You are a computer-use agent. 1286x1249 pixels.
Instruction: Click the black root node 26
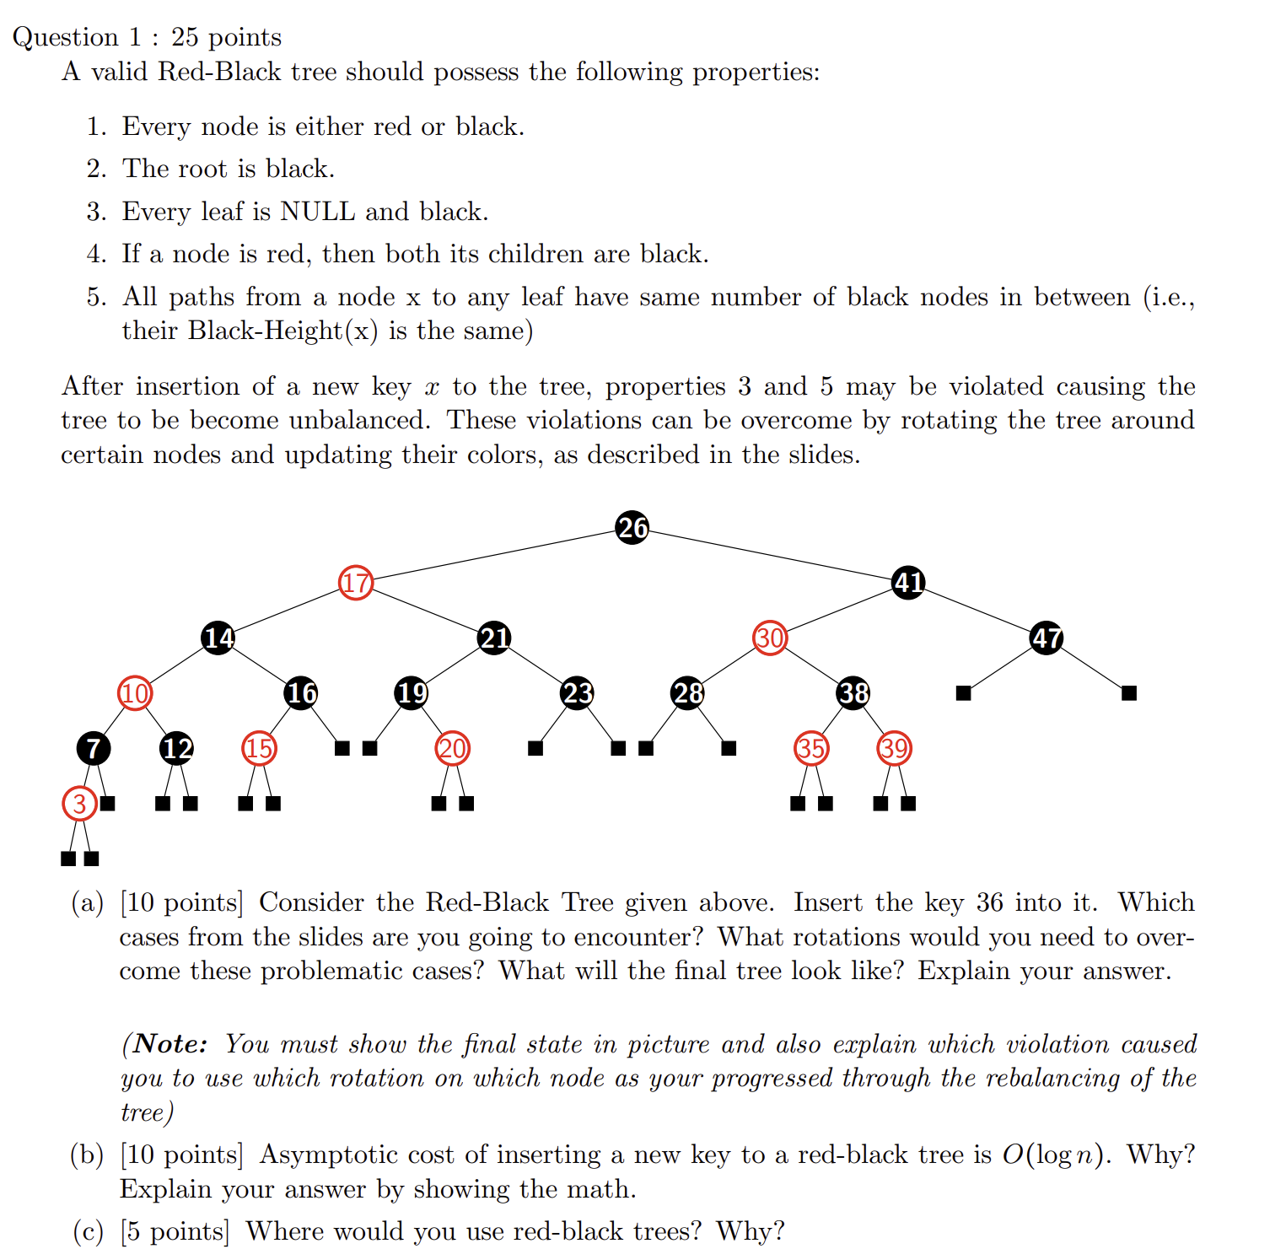click(632, 528)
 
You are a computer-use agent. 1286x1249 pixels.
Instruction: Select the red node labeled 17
click(356, 583)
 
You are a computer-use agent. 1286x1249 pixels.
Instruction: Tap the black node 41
click(908, 583)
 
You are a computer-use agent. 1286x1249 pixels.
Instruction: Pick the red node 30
click(770, 638)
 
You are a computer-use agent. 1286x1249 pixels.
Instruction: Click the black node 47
click(1047, 638)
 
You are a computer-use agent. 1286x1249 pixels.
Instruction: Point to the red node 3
click(79, 804)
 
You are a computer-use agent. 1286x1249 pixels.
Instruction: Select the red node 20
click(453, 748)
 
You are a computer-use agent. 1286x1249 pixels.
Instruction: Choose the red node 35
click(811, 748)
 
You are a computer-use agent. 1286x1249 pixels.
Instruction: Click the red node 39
click(895, 748)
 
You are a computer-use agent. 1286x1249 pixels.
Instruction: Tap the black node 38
click(853, 693)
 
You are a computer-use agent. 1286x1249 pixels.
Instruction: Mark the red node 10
click(135, 693)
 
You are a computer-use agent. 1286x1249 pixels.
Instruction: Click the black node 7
click(93, 748)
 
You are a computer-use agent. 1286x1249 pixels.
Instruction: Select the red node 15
click(259, 748)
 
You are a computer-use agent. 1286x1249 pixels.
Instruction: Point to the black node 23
click(578, 693)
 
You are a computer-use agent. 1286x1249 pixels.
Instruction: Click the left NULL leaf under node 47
click(964, 693)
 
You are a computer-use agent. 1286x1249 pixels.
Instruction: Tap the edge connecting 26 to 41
click(770, 555)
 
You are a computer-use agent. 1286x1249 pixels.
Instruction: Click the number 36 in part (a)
click(990, 903)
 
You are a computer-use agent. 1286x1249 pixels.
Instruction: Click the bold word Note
click(169, 1044)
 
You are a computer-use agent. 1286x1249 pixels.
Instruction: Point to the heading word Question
click(66, 37)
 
